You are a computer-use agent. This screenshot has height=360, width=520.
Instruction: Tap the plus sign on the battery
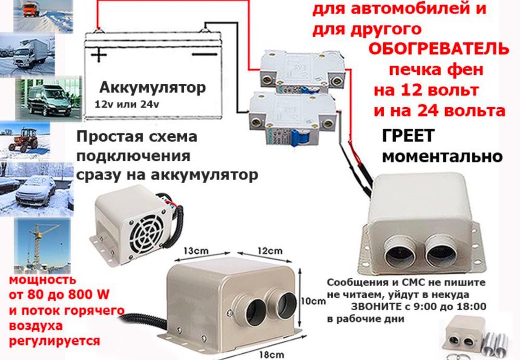(x=99, y=54)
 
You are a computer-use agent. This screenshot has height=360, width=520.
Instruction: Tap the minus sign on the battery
(x=204, y=53)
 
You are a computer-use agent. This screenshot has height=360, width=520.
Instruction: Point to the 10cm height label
(x=314, y=301)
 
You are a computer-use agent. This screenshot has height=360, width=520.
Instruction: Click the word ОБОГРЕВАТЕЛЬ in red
(x=439, y=49)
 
